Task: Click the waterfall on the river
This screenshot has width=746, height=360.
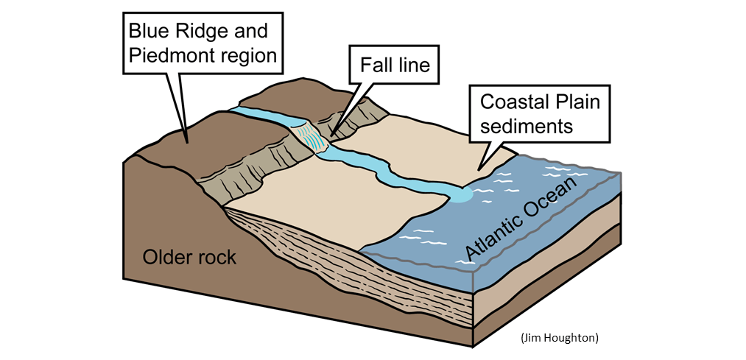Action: (309, 137)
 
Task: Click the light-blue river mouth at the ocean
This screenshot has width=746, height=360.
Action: (460, 194)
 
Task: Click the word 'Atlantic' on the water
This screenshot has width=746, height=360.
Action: (492, 235)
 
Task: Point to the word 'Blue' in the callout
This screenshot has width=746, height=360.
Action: (147, 32)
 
